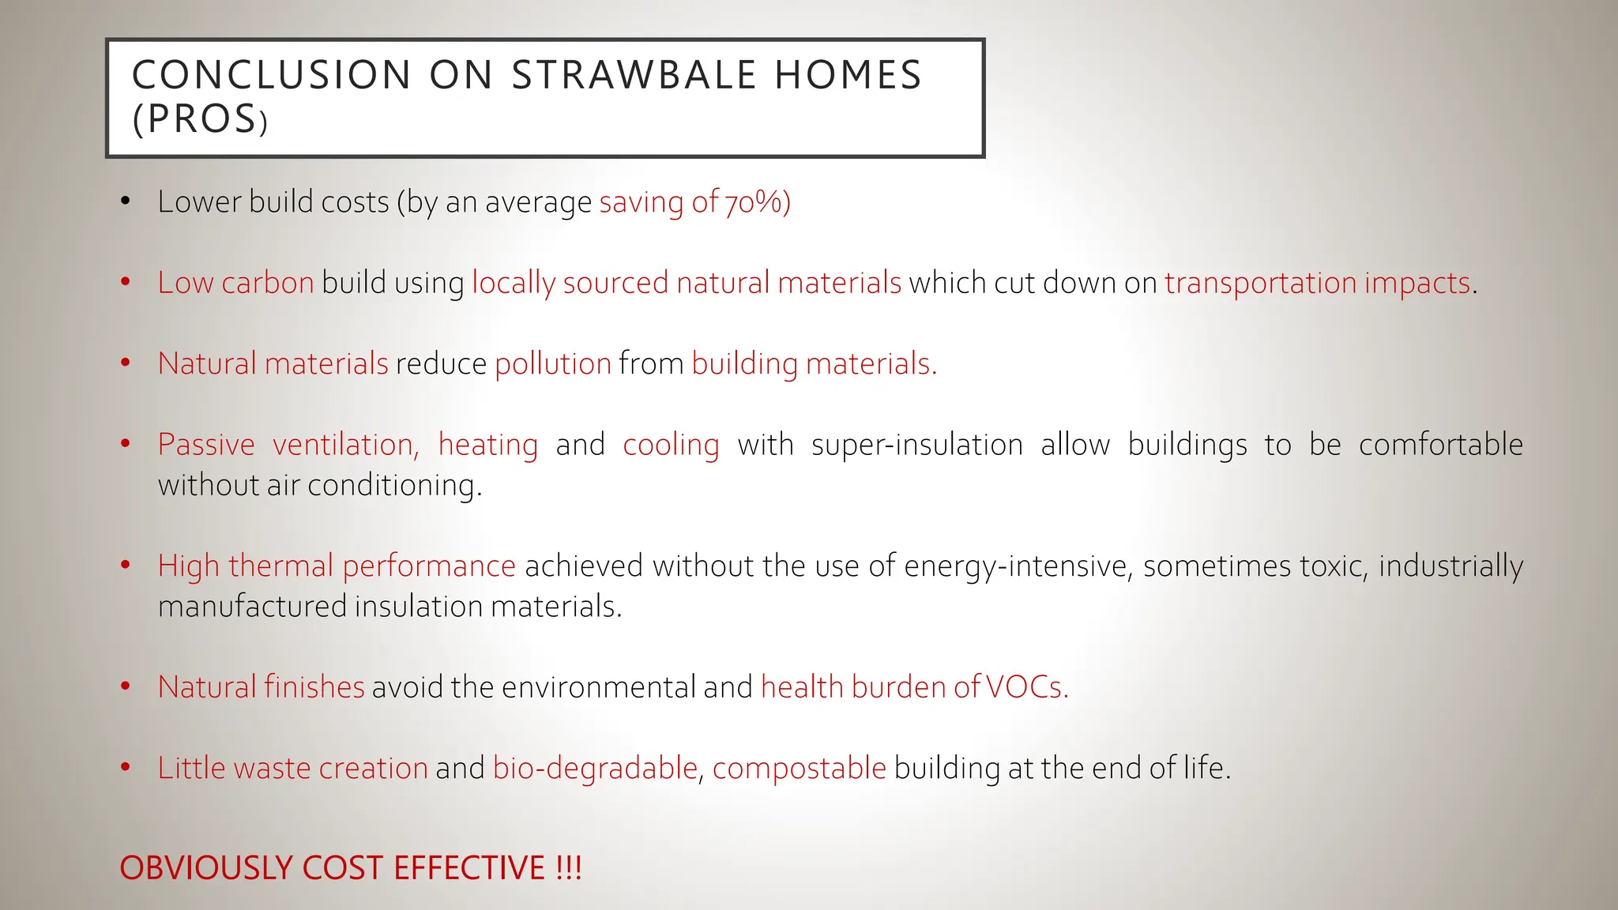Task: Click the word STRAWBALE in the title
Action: click(634, 75)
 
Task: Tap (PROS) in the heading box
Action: click(200, 120)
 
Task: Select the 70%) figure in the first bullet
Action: click(758, 202)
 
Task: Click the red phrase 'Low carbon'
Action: click(235, 283)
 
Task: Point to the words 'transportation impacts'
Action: click(1317, 283)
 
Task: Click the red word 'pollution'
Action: click(553, 364)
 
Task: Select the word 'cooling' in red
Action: click(671, 445)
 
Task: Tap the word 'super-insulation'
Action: click(916, 445)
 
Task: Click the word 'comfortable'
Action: click(1440, 445)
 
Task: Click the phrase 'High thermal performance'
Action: click(337, 566)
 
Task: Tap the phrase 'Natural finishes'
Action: click(261, 687)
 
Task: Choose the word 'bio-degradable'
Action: click(595, 768)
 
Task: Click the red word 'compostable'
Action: click(799, 768)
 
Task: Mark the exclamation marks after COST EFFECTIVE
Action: click(568, 868)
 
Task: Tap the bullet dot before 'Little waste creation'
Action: click(125, 767)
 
